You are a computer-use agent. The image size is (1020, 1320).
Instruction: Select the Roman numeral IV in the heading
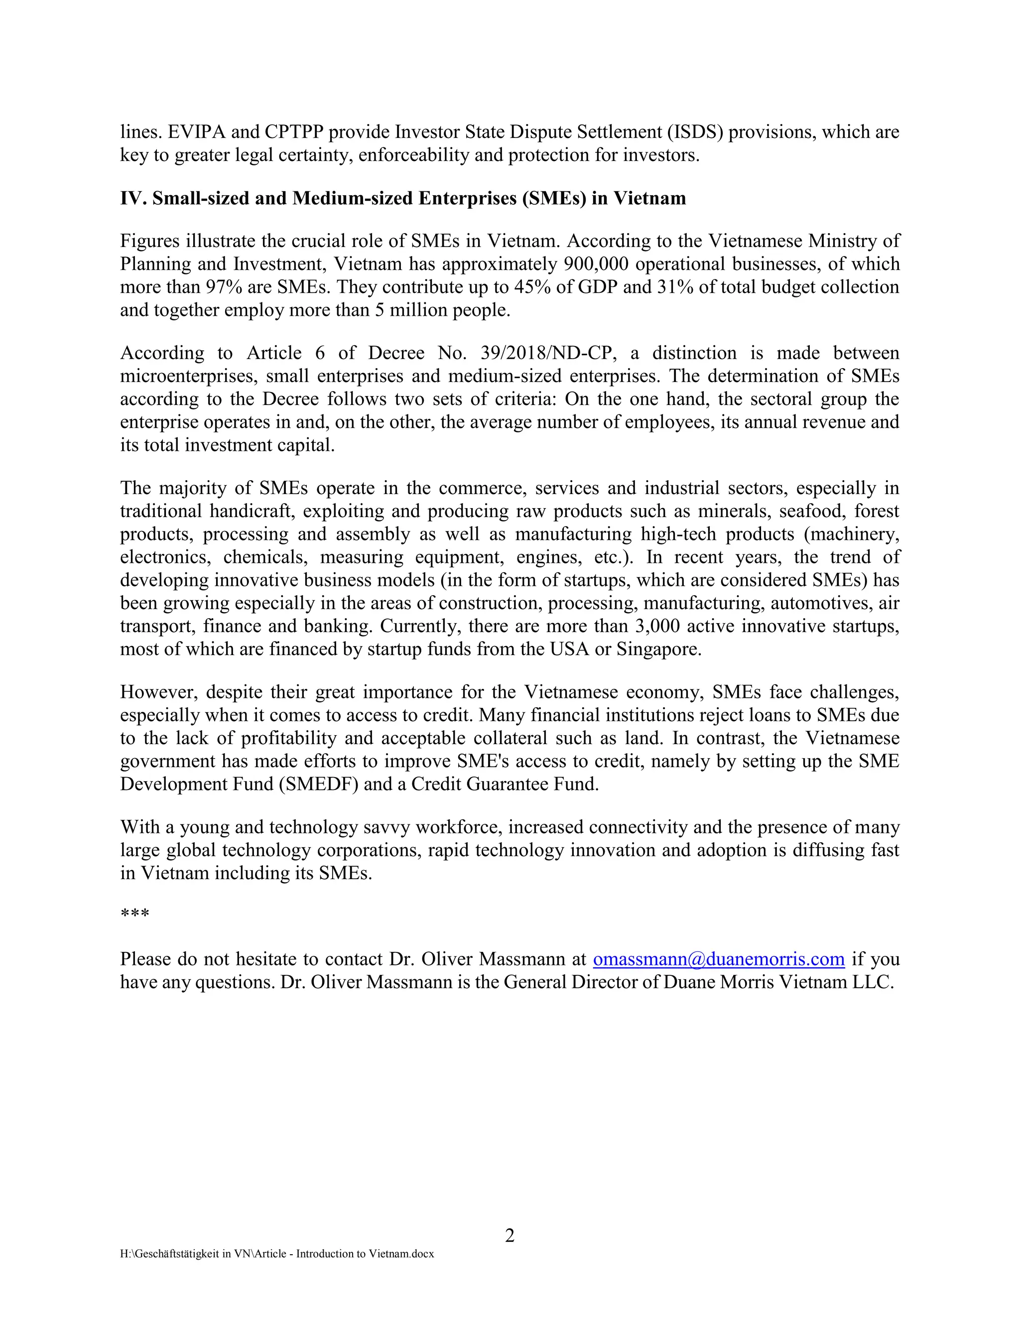coord(132,198)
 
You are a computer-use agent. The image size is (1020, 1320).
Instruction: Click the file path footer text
coord(277,1254)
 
